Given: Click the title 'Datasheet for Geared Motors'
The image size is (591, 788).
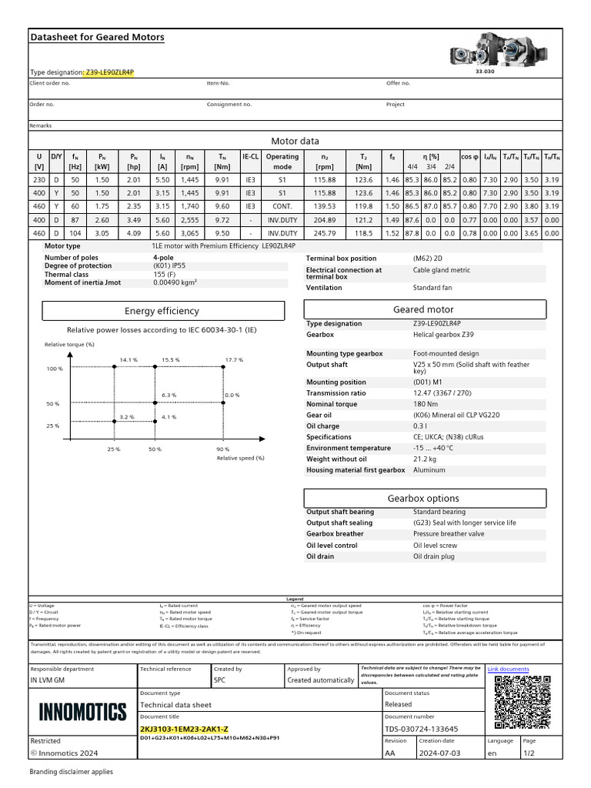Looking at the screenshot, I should point(96,37).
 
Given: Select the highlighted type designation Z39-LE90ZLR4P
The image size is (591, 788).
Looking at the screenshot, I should point(109,72).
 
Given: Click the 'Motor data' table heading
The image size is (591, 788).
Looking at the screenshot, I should point(295,141).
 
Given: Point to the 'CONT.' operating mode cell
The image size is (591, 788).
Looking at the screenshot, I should point(282,206).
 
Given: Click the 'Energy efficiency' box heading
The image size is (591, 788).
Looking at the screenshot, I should point(162,311).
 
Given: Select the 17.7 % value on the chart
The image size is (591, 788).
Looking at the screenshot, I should point(234,359).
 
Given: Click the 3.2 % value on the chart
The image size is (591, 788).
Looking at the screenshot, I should point(126,417).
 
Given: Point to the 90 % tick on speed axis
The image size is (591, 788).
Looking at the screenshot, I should point(222,449).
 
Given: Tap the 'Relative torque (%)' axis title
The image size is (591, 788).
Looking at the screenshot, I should point(69,345).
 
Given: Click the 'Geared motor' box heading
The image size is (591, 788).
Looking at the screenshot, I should point(423,309).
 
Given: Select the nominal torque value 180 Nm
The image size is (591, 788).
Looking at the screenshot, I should point(425,404).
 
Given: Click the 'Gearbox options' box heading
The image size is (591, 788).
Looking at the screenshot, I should point(423,498).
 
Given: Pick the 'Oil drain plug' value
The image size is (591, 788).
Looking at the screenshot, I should point(435,556).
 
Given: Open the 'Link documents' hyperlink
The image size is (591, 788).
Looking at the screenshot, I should point(509,669).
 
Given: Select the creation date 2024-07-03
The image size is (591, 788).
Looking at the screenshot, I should point(439,753).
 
